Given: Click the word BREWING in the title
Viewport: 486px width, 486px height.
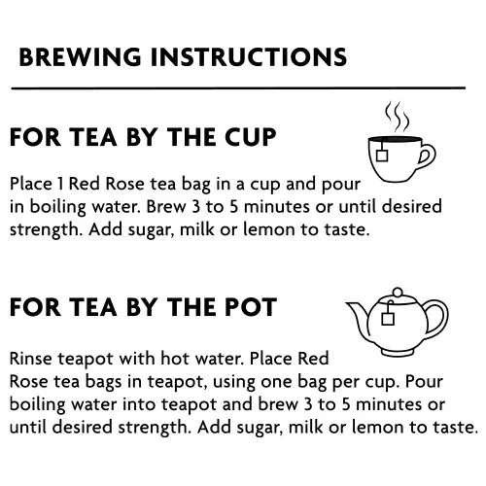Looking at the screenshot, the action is tap(80, 57).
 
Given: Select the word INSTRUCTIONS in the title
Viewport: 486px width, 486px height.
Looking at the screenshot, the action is tap(249, 57).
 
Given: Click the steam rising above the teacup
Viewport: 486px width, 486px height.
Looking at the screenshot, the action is tap(397, 117).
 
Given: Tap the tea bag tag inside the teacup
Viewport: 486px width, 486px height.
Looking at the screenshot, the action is tap(382, 156).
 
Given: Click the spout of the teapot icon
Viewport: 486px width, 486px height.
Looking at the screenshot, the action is tap(357, 316).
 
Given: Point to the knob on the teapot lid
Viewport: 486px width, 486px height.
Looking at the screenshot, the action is tap(398, 292).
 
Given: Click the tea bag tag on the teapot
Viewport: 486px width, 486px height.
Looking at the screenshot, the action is tap(388, 319).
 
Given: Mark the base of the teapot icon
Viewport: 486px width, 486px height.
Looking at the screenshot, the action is tap(398, 352).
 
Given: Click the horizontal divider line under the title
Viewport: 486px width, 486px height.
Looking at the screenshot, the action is tap(238, 87).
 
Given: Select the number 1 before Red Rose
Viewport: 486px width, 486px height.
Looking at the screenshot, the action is tap(60, 184).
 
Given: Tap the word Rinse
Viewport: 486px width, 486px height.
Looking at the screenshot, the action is tap(31, 359).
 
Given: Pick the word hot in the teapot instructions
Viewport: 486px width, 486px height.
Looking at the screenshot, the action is tap(174, 359).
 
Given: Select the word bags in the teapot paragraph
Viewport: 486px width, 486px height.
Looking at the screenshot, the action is tap(103, 382).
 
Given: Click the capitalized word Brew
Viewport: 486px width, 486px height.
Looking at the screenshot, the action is tap(166, 207).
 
